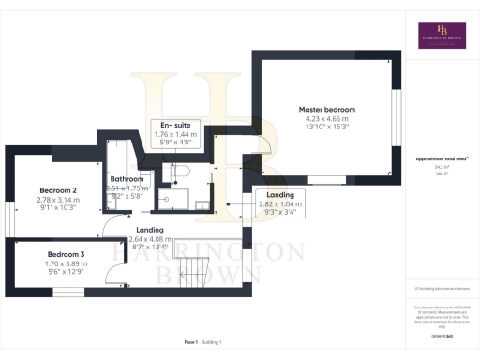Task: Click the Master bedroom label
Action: coord(323,108)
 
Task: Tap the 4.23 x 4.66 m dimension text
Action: coord(323,118)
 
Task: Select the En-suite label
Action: coord(171,125)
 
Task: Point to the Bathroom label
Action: coord(127,179)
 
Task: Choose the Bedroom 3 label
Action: coord(67,254)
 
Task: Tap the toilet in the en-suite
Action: coord(180,172)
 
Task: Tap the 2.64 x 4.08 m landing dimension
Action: coord(150,239)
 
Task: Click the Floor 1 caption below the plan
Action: coord(192,343)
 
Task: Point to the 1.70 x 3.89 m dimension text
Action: coord(67,264)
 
